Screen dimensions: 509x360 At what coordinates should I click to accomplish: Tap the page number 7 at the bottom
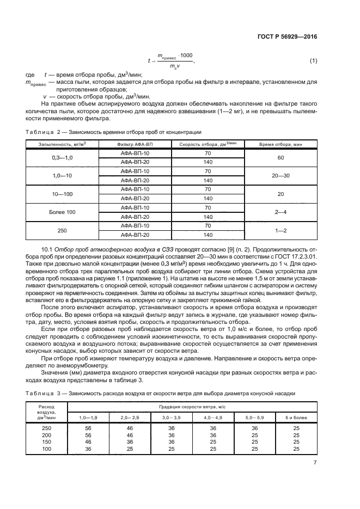pos(315,463)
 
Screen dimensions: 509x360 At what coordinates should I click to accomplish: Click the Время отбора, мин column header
pos(281,144)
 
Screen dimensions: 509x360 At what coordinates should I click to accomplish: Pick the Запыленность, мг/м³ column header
pos(62,144)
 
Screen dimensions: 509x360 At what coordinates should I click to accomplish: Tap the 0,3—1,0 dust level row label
pos(62,157)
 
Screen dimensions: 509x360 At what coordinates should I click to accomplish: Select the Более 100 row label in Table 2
pos(62,212)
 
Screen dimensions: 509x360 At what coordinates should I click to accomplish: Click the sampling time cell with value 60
pos(281,157)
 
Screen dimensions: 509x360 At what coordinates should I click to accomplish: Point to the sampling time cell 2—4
pos(281,212)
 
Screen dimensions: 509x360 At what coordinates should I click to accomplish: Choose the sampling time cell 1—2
pos(281,230)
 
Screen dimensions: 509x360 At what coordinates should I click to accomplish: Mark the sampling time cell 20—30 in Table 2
pos(281,176)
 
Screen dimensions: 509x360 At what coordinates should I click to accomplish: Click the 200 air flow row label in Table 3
pos(46,435)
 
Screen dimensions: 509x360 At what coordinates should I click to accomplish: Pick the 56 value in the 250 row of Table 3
pos(88,428)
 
